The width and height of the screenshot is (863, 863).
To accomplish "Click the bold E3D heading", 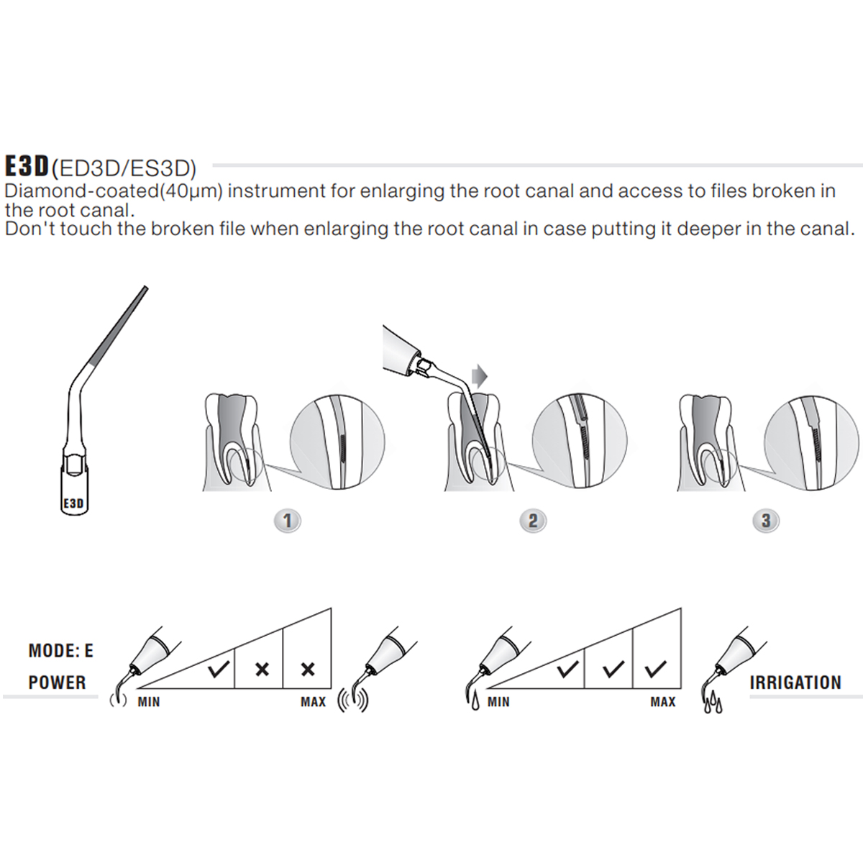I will [x=26, y=166].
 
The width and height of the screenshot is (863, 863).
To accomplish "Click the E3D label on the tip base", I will [x=73, y=503].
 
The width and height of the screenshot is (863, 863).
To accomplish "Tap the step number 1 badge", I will [x=288, y=521].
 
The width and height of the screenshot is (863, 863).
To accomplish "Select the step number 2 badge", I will [x=533, y=521].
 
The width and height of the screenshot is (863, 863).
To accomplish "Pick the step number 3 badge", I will [x=766, y=521].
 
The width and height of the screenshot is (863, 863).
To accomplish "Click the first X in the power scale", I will [x=262, y=670].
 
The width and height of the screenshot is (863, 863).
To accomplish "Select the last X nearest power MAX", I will [x=308, y=670].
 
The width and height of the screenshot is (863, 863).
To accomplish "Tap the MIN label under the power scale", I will [x=149, y=702].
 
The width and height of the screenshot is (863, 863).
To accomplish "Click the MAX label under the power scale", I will [x=313, y=702].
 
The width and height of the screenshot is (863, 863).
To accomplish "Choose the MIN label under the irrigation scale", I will [x=498, y=702].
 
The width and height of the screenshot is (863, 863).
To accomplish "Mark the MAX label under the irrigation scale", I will [x=662, y=702].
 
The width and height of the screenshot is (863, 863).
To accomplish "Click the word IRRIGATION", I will [x=795, y=683].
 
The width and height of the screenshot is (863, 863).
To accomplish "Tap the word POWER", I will [x=58, y=682].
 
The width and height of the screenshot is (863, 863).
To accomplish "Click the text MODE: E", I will [x=61, y=651].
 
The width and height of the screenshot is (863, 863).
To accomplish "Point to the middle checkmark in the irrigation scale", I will [x=613, y=670].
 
